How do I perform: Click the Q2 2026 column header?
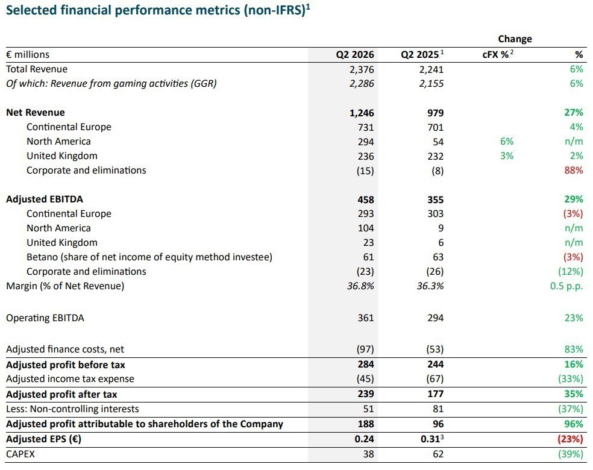pos(355,55)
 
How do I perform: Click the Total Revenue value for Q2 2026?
pos(362,69)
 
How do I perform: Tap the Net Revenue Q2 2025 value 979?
pos(435,113)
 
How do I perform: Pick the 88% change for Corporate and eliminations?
pos(573,171)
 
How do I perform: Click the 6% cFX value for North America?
pos(507,142)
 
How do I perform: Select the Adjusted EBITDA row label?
pos(45,199)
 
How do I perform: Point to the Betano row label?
pos(149,257)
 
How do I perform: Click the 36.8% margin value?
pos(360,286)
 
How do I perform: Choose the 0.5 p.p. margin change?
pos(566,286)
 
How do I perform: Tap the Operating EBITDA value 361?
pos(366,318)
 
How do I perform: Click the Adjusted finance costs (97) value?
pos(365,349)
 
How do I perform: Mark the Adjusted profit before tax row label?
pos(66,365)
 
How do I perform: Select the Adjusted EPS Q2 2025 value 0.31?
pos(430,439)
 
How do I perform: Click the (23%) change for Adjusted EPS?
pos(570,439)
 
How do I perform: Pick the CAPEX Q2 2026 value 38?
pos(368,454)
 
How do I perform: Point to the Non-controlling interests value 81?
pos(438,409)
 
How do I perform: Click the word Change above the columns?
pos(515,39)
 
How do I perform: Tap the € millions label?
pos(28,55)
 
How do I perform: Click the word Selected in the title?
pos(31,10)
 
